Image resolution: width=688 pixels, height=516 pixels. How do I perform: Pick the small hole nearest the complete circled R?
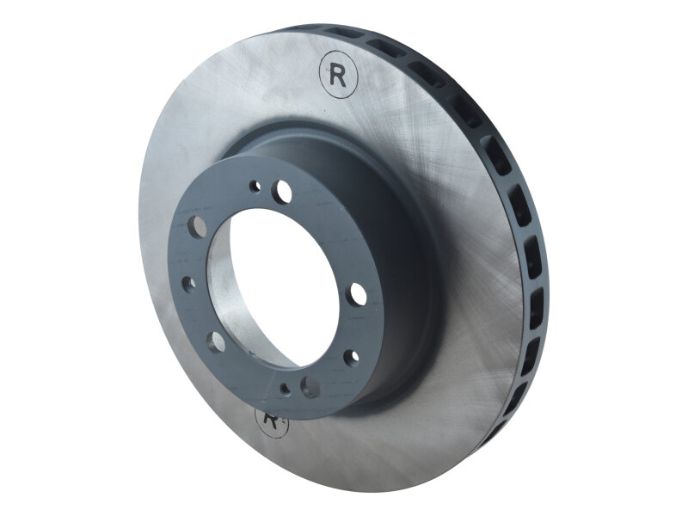point(255,185)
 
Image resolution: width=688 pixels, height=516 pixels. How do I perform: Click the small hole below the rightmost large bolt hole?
point(351,354)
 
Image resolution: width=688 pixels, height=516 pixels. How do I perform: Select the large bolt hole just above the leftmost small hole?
point(199,225)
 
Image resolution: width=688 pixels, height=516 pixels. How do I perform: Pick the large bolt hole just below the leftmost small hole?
point(216,342)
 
